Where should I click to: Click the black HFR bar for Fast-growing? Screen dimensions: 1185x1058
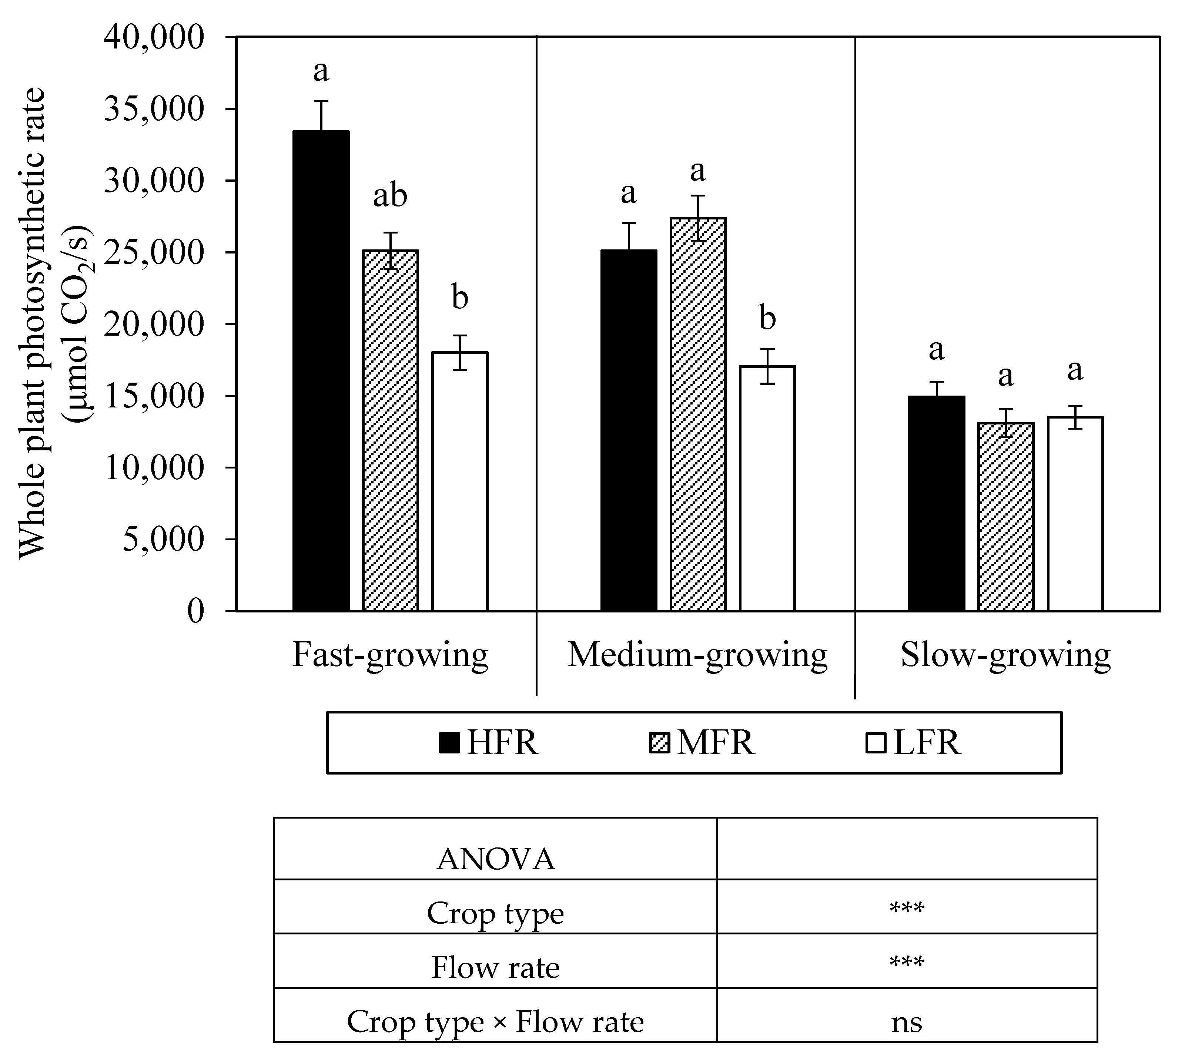pyautogui.click(x=321, y=371)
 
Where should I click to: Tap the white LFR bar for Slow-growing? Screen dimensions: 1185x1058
pyautogui.click(x=1075, y=514)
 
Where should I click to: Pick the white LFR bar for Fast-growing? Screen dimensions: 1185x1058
pyautogui.click(x=459, y=481)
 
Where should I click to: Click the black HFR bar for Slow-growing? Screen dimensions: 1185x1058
pyautogui.click(x=936, y=503)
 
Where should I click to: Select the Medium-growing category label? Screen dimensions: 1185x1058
pyautogui.click(x=697, y=655)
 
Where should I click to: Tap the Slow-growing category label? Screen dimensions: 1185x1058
pyautogui.click(x=1005, y=655)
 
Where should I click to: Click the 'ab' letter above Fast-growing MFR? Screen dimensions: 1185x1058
pyautogui.click(x=389, y=195)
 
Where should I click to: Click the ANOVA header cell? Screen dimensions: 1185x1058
pyautogui.click(x=495, y=859)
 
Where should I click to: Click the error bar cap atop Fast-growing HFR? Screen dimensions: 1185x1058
pyautogui.click(x=321, y=101)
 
